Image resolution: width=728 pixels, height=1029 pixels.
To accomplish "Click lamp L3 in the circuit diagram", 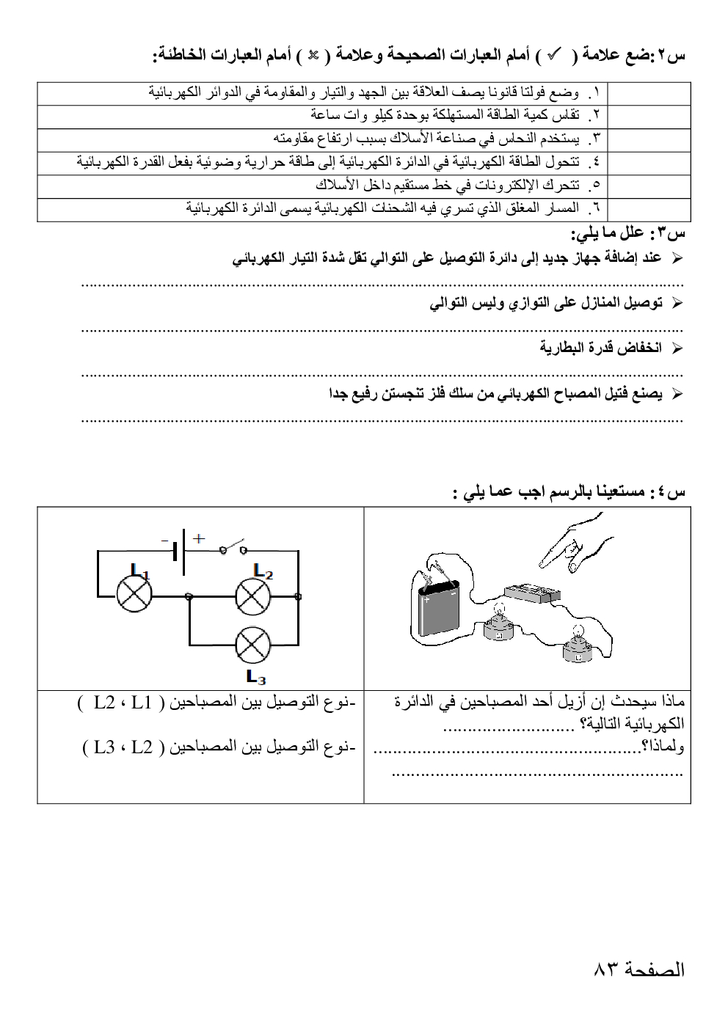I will pyautogui.click(x=252, y=645).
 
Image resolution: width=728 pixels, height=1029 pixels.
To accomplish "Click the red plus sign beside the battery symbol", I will pyautogui.click(x=197, y=538).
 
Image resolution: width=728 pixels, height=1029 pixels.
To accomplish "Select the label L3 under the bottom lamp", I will pyautogui.click(x=256, y=676).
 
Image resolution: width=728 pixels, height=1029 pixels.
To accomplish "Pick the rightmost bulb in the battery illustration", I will pyautogui.click(x=578, y=645).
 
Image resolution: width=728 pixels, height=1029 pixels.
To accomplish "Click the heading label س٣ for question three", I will pyautogui.click(x=670, y=234).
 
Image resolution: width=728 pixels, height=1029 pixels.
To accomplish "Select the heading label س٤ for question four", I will pyautogui.click(x=670, y=492).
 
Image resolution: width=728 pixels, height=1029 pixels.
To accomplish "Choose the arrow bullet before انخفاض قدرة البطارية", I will pyautogui.click(x=677, y=348).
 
